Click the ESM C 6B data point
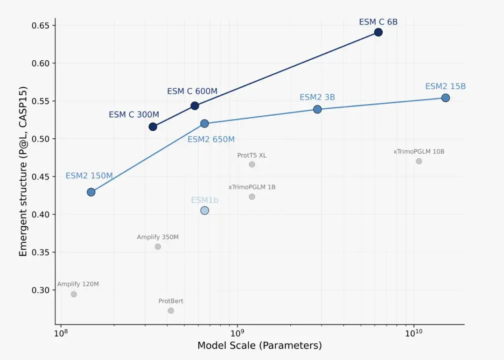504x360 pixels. point(378,32)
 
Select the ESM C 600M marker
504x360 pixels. point(195,106)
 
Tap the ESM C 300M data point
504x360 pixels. point(153,127)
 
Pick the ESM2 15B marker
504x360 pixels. point(445,98)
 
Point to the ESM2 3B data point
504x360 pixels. point(317,109)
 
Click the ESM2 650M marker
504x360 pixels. point(204,124)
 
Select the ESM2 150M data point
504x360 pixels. point(91,192)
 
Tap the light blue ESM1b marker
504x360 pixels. point(204,211)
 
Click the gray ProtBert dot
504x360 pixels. point(171,311)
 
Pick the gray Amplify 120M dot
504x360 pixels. point(74,294)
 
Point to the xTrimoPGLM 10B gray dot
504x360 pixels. point(419,161)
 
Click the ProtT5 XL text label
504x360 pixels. point(252,155)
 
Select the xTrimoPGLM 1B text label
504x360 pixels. point(252,187)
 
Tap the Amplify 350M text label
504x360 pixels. point(158,237)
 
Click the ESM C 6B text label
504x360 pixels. point(378,22)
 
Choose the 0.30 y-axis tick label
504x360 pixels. point(41,290)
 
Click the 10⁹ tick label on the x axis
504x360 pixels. point(237,333)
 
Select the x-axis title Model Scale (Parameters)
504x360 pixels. point(259,346)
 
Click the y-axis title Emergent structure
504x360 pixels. point(23,171)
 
